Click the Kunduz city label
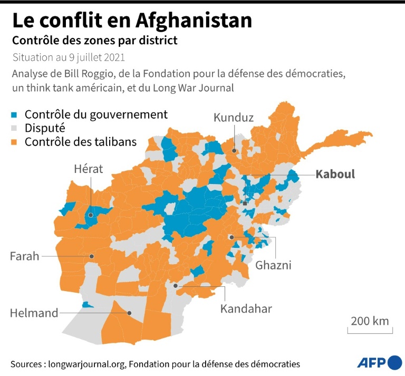[234, 118]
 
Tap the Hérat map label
[88, 169]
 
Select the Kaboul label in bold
[335, 175]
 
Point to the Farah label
[25, 256]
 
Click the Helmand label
[34, 313]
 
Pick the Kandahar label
[246, 308]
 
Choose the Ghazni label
[273, 265]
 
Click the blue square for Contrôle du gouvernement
[17, 114]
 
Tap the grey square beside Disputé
[17, 128]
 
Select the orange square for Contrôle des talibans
[17, 142]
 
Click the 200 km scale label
[370, 321]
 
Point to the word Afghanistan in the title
[194, 21]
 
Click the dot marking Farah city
[92, 256]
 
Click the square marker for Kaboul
[245, 203]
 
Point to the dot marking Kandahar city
[176, 286]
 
